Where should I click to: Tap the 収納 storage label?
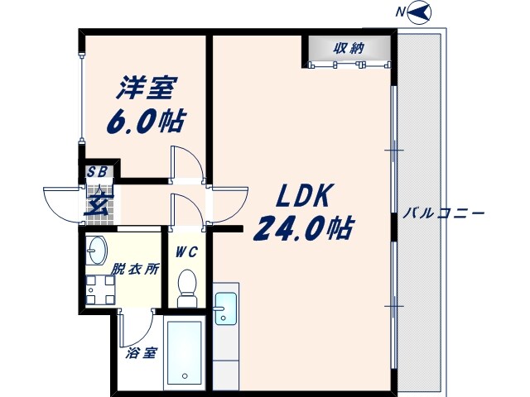point(349,47)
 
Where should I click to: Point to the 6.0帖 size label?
point(145,121)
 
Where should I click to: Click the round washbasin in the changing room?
point(96,247)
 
